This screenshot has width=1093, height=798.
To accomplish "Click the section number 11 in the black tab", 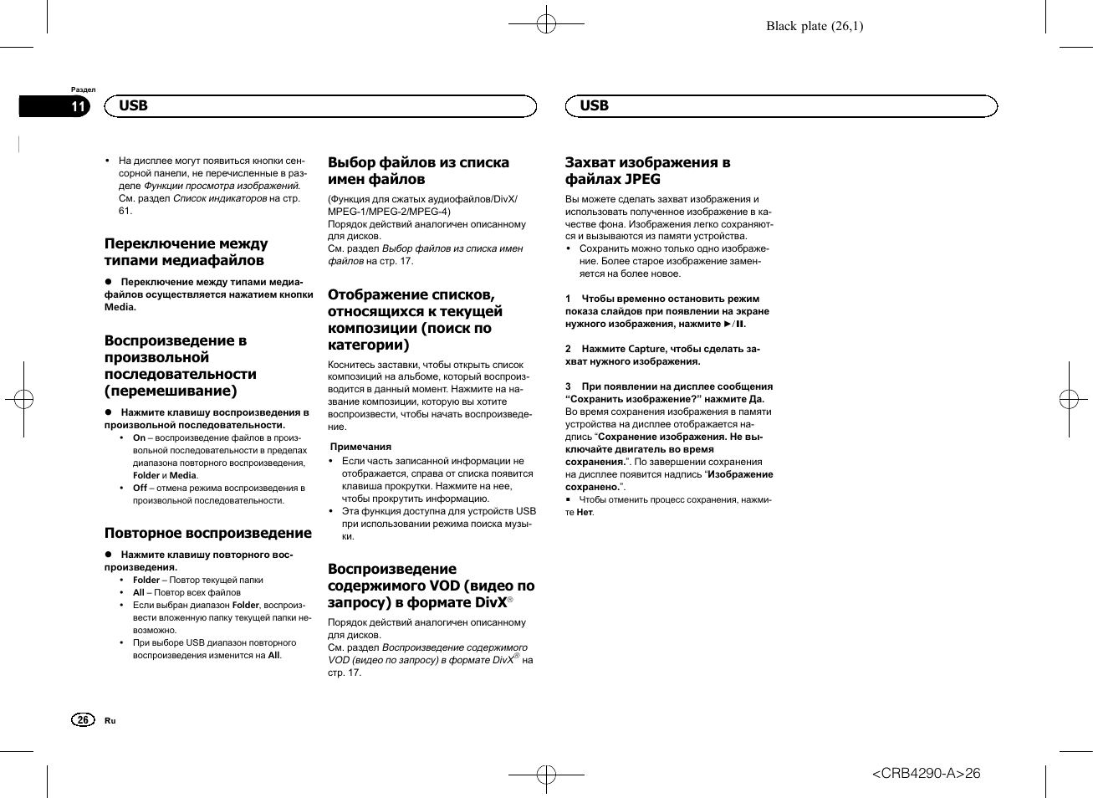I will pyautogui.click(x=78, y=106).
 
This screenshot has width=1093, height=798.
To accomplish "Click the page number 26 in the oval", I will pyautogui.click(x=82, y=720).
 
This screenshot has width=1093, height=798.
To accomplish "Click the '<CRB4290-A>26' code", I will pyautogui.click(x=926, y=774).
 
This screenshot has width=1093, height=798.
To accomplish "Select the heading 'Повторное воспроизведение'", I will pyautogui.click(x=207, y=533).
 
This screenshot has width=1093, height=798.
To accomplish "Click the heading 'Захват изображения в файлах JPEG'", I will pyautogui.click(x=647, y=171).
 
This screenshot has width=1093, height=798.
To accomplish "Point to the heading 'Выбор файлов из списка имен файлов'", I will pyautogui.click(x=418, y=171).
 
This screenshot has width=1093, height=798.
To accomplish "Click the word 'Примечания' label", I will pyautogui.click(x=360, y=447).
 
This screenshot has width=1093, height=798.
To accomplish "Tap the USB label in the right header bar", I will pyautogui.click(x=594, y=105).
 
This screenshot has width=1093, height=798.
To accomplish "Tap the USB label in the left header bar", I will pyautogui.click(x=133, y=105).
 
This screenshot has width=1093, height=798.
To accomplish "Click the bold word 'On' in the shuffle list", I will pyautogui.click(x=139, y=437).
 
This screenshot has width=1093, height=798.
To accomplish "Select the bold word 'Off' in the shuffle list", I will pyautogui.click(x=140, y=488).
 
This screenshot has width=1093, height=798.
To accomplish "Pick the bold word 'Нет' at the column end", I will pyautogui.click(x=584, y=513).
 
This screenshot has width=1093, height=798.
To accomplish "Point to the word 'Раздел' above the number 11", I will pyautogui.click(x=83, y=90).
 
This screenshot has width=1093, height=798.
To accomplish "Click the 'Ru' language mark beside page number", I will pyautogui.click(x=110, y=721).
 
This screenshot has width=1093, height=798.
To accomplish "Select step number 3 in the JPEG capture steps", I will pyautogui.click(x=568, y=386).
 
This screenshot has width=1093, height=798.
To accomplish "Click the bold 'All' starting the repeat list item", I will pyautogui.click(x=138, y=592).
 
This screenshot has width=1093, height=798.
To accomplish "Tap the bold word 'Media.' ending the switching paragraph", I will pyautogui.click(x=120, y=307).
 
